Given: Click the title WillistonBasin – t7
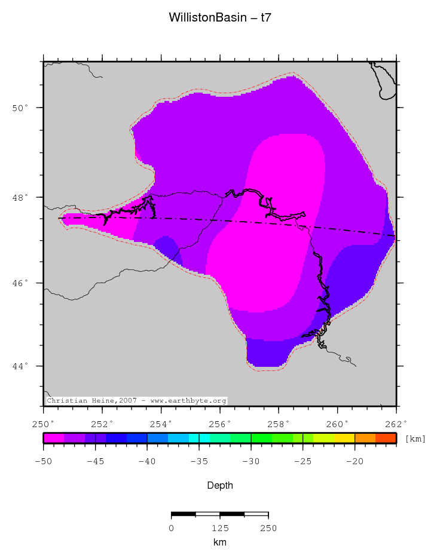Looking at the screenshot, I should click(221, 18).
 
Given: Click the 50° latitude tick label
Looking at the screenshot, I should click(23, 108).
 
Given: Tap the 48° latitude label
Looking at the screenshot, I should click(23, 197).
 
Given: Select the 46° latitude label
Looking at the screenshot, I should click(23, 283).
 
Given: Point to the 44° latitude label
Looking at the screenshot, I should click(23, 366).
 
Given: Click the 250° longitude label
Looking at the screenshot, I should click(44, 425).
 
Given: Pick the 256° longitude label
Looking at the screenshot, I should click(220, 425).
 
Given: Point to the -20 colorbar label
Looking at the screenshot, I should click(355, 461).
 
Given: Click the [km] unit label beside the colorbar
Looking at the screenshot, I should click(415, 439).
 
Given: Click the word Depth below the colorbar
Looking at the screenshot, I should click(220, 485).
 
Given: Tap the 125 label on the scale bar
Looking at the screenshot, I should click(220, 528).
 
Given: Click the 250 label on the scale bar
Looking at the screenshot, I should click(268, 528).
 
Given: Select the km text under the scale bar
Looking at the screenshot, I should click(220, 542).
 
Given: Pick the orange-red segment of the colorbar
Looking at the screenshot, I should click(386, 438).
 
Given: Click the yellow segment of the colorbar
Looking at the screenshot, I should click(344, 438).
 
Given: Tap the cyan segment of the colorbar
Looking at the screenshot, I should click(204, 438).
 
